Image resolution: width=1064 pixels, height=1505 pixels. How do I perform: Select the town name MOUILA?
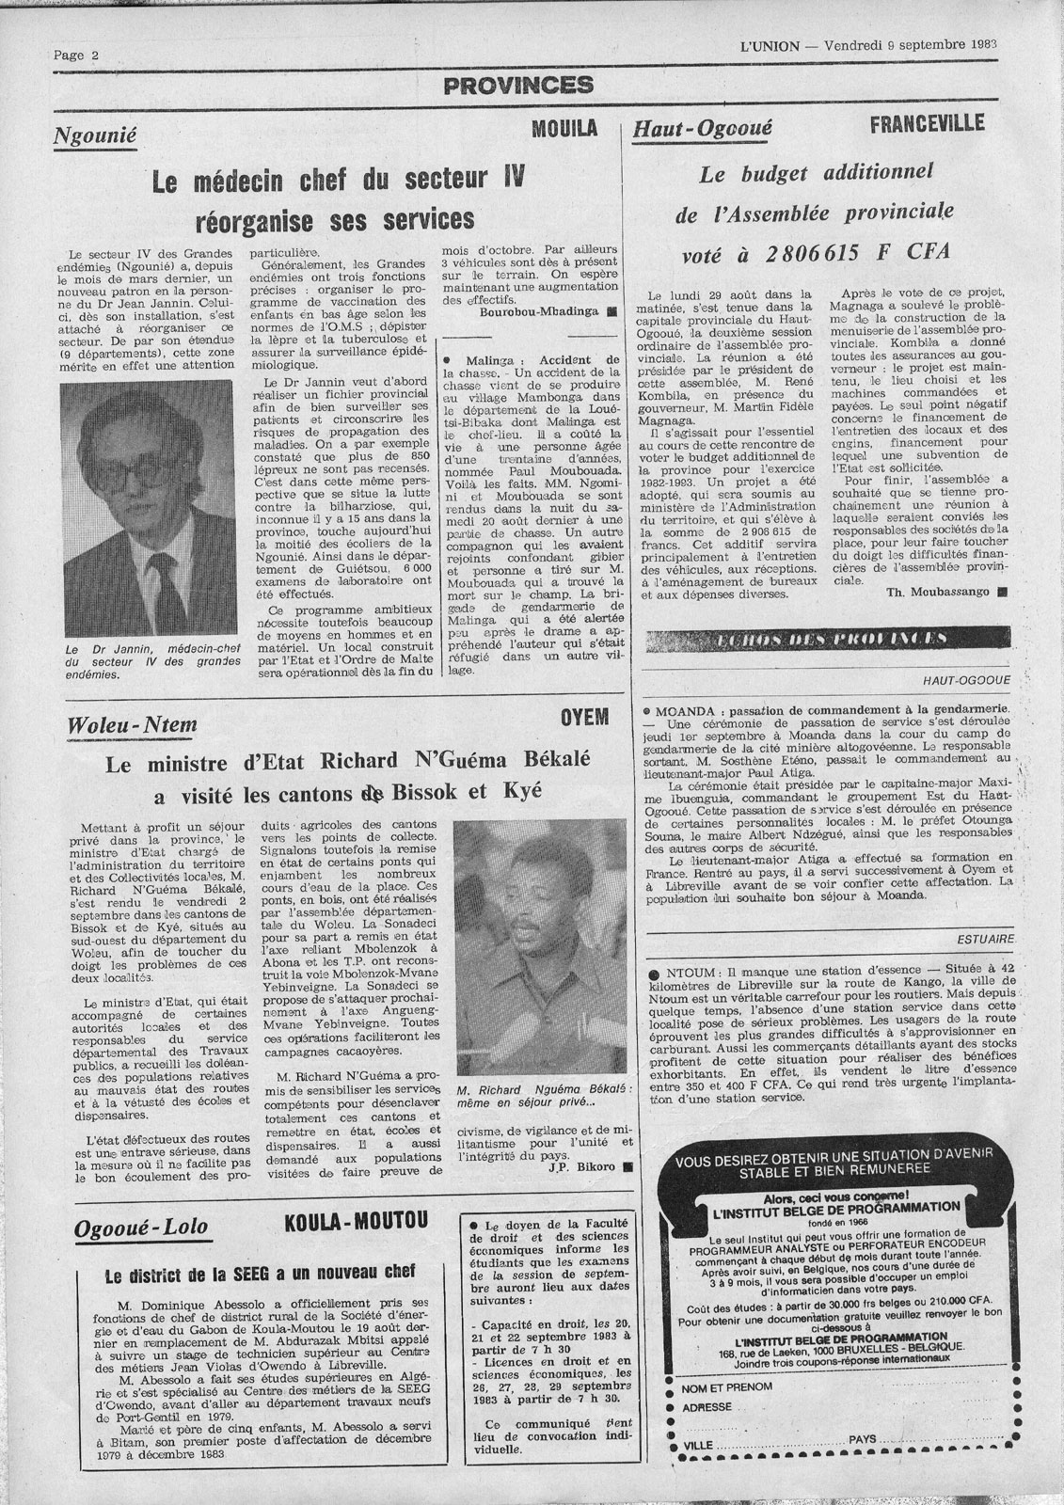tap(564, 129)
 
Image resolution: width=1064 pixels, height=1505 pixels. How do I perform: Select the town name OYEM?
tap(585, 718)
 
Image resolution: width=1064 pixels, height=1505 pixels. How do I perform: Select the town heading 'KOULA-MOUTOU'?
tap(355, 1223)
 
